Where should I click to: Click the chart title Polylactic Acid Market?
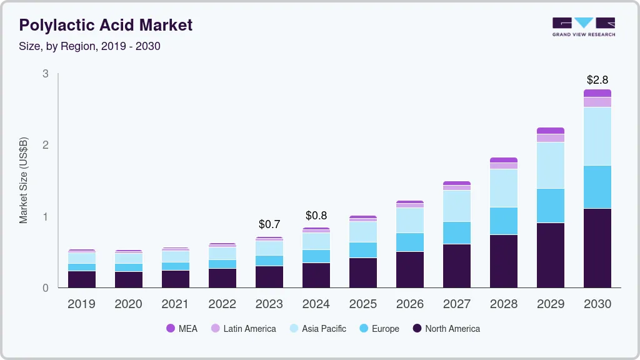[106, 25]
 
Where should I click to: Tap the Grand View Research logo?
[583, 26]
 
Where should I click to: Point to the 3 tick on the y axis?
[45, 74]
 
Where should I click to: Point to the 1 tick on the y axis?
[45, 217]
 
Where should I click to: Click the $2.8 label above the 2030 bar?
[597, 80]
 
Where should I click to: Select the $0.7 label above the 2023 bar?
[269, 224]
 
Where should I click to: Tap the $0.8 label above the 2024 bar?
[316, 216]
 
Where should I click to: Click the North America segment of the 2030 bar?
[597, 248]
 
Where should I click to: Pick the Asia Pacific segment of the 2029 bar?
[550, 165]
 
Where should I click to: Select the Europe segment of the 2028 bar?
[503, 221]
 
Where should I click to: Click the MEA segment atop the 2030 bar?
[597, 93]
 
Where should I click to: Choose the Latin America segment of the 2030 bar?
[597, 102]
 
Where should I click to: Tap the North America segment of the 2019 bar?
[81, 279]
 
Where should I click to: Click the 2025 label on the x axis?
[362, 304]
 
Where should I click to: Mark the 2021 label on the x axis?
[175, 304]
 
